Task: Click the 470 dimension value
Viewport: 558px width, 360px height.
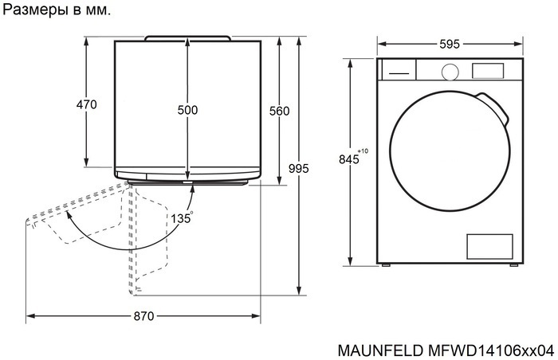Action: point(86,104)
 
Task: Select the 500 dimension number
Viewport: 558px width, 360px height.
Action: point(187,110)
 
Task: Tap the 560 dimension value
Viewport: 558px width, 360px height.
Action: point(279,111)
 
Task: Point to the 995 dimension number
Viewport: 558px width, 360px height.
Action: point(298,168)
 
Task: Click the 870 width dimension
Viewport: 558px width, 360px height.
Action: point(143,316)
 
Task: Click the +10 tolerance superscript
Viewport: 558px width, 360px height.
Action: point(363,151)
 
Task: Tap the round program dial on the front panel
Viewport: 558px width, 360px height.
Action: point(450,71)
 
